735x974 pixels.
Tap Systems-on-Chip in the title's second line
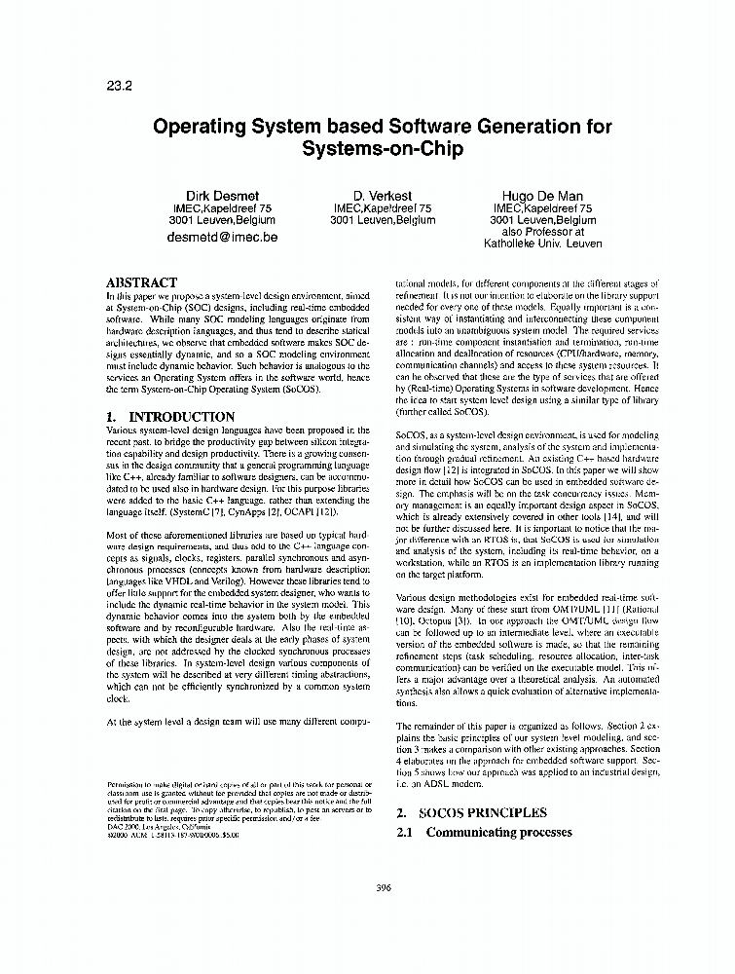coord(382,151)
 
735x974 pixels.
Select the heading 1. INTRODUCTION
coord(168,416)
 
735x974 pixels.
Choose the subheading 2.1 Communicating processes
coord(483,833)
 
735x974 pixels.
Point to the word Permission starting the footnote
coord(124,784)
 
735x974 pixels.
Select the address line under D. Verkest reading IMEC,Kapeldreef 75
coord(382,207)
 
